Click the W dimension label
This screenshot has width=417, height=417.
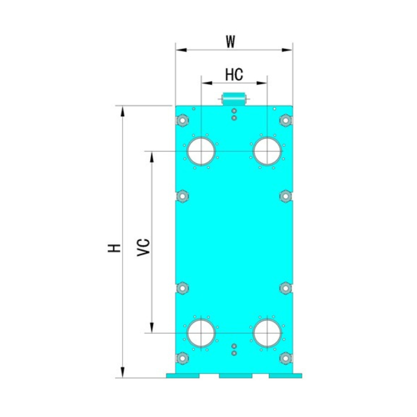(x=230, y=42)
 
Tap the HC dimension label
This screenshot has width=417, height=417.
(x=234, y=75)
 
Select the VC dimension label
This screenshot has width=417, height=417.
(x=144, y=248)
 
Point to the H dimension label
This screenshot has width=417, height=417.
(x=114, y=248)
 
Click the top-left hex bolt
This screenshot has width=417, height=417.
(x=182, y=120)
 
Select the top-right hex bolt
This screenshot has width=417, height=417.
(x=286, y=120)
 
